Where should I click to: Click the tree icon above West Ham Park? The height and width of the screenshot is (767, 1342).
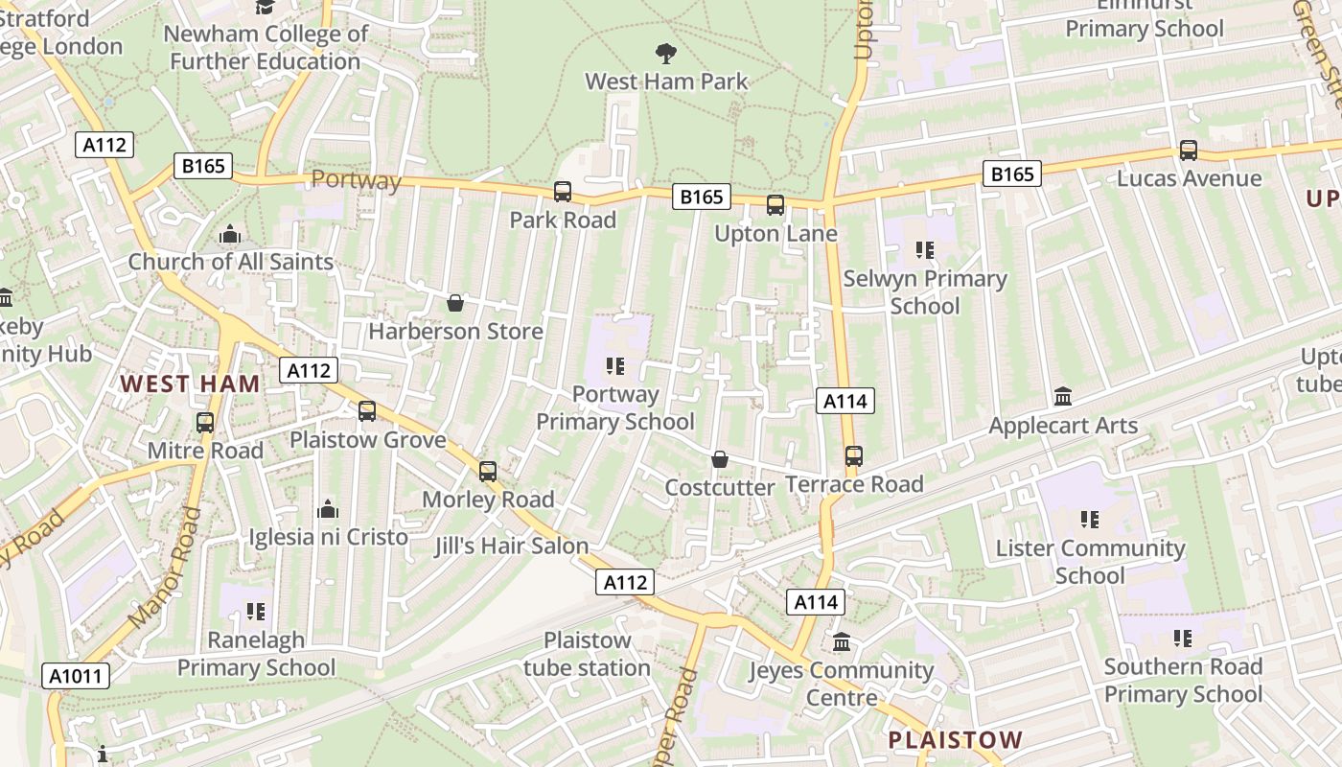pyautogui.click(x=665, y=53)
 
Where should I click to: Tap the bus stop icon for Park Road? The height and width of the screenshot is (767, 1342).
pyautogui.click(x=563, y=192)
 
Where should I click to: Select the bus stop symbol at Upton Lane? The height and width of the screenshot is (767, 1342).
pyautogui.click(x=775, y=205)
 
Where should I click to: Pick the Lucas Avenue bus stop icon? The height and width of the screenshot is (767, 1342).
pyautogui.click(x=1189, y=151)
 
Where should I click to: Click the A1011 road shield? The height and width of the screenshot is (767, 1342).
pyautogui.click(x=77, y=676)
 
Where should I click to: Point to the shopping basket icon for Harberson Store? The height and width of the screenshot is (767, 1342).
pyautogui.click(x=455, y=303)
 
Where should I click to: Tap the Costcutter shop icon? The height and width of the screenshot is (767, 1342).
pyautogui.click(x=720, y=459)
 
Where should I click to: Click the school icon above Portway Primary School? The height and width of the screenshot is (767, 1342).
pyautogui.click(x=615, y=365)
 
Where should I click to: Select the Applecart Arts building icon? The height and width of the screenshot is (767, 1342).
pyautogui.click(x=1063, y=396)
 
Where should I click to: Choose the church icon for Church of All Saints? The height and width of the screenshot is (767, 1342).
pyautogui.click(x=230, y=234)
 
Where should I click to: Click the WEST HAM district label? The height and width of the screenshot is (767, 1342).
pyautogui.click(x=190, y=384)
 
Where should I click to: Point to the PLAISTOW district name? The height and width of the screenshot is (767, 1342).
pyautogui.click(x=956, y=740)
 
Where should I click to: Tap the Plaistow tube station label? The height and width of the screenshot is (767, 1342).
pyautogui.click(x=587, y=654)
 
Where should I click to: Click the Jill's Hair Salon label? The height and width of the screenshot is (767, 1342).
pyautogui.click(x=511, y=546)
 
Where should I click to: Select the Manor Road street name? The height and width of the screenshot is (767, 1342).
pyautogui.click(x=164, y=569)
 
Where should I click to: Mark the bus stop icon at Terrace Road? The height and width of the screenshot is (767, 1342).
pyautogui.click(x=854, y=456)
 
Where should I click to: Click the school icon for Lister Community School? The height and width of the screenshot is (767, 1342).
pyautogui.click(x=1090, y=520)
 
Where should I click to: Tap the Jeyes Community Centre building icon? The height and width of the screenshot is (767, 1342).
pyautogui.click(x=842, y=641)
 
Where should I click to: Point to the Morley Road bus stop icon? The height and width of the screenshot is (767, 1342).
pyautogui.click(x=488, y=471)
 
